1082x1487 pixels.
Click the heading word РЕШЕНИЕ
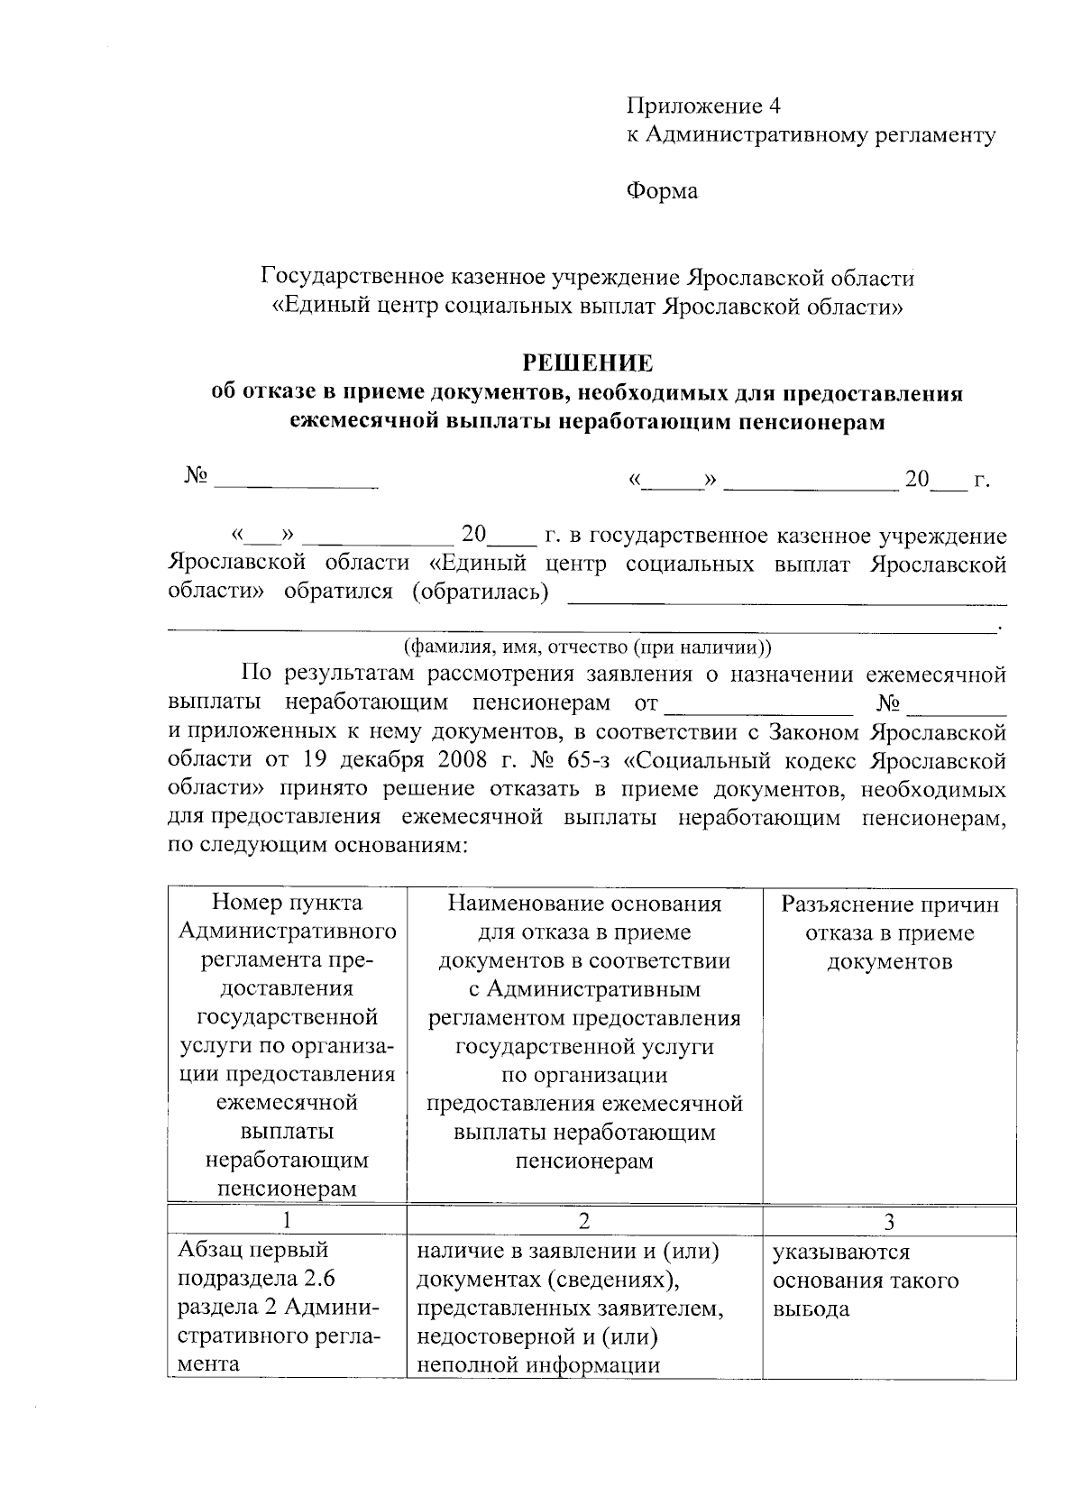[x=587, y=363]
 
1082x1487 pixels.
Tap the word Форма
[x=662, y=191]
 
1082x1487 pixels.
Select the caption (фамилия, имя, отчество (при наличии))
[x=586, y=647]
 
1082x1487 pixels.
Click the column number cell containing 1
[x=287, y=1221]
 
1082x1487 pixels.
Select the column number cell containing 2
[x=584, y=1221]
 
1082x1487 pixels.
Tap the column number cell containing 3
[x=889, y=1221]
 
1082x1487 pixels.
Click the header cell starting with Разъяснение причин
[x=889, y=932]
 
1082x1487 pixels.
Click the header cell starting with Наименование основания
[x=584, y=1032]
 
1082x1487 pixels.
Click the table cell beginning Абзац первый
[x=287, y=1308]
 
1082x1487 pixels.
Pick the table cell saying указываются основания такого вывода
[x=866, y=1280]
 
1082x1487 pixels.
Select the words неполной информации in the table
[x=537, y=1364]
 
